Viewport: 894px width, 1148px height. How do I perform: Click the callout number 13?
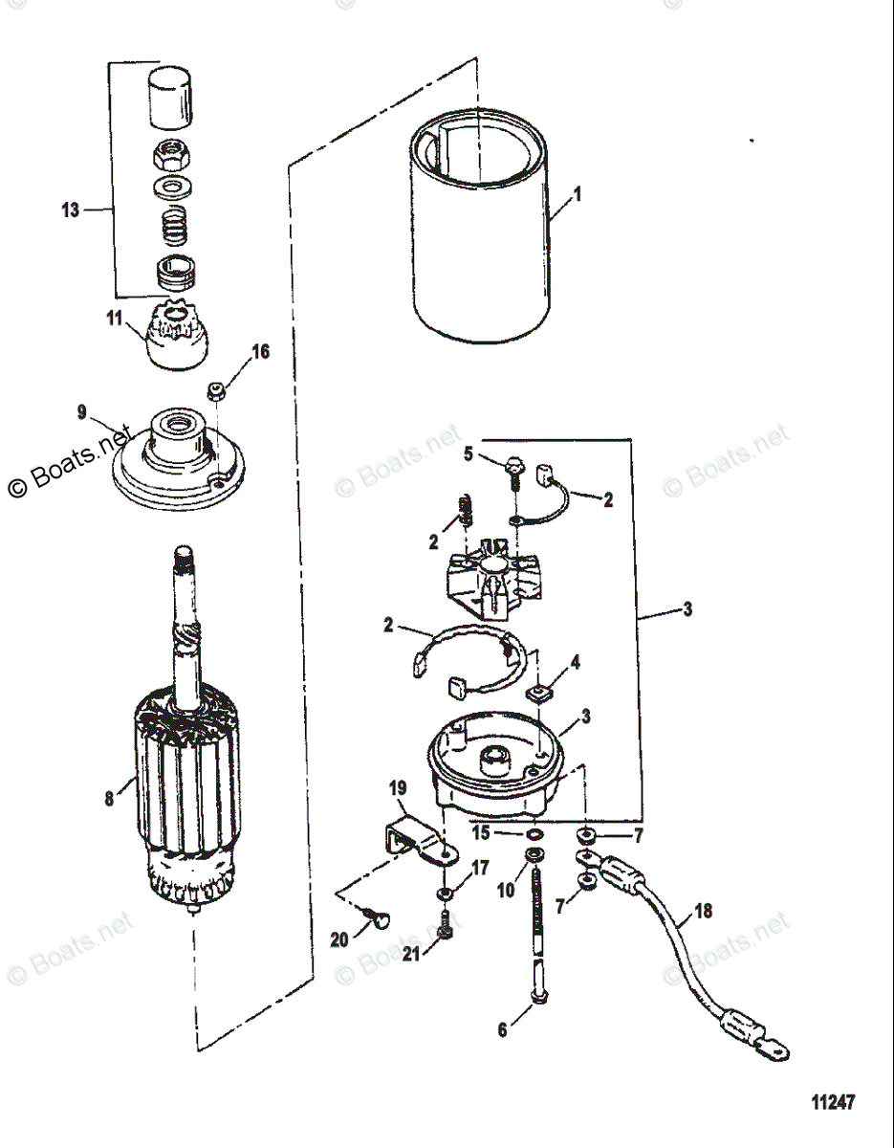coord(70,210)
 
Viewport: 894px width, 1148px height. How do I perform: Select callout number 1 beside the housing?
coord(576,194)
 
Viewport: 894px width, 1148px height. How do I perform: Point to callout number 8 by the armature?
coord(109,795)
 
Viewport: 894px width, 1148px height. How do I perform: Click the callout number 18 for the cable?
coord(703,912)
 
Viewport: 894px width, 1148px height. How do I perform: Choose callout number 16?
coord(260,352)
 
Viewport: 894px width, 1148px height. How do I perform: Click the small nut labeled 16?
coord(216,390)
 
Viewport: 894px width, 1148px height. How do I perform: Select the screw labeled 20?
coord(378,920)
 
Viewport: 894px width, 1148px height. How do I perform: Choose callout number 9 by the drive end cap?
coord(82,413)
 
